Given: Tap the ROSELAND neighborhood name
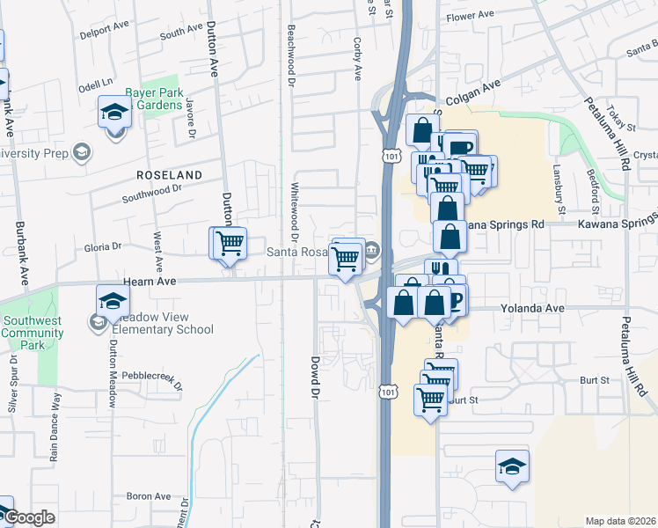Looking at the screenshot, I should (169, 175).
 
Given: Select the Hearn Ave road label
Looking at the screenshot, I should (151, 281).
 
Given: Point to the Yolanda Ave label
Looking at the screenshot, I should (531, 309).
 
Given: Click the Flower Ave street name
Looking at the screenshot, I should (471, 17).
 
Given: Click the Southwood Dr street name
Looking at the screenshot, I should (151, 187).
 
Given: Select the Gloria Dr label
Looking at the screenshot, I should (104, 247).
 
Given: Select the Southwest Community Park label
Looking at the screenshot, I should (33, 327).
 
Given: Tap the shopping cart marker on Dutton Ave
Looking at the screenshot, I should (230, 242).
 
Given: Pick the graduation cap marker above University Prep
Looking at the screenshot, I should (113, 112).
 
